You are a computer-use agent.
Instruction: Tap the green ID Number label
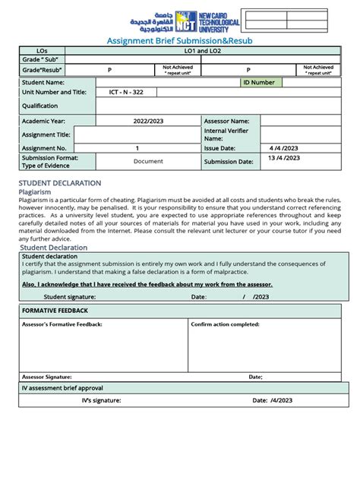(x=259, y=82)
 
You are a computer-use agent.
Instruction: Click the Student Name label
(x=43, y=82)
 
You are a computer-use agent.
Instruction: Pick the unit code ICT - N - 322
(x=117, y=92)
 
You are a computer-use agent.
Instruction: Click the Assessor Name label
(x=226, y=121)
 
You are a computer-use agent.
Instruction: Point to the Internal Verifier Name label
(x=226, y=134)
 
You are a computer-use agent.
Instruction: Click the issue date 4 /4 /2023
(x=284, y=148)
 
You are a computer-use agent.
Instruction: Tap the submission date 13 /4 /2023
(x=284, y=159)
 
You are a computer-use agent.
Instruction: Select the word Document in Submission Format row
(x=148, y=161)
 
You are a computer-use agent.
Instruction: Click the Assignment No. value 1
(x=137, y=148)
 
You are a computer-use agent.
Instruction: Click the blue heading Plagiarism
(x=36, y=193)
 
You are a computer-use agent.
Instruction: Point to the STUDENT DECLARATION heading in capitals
(x=59, y=183)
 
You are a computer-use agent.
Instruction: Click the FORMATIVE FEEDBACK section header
(x=55, y=311)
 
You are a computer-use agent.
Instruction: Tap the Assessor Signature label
(x=47, y=377)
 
